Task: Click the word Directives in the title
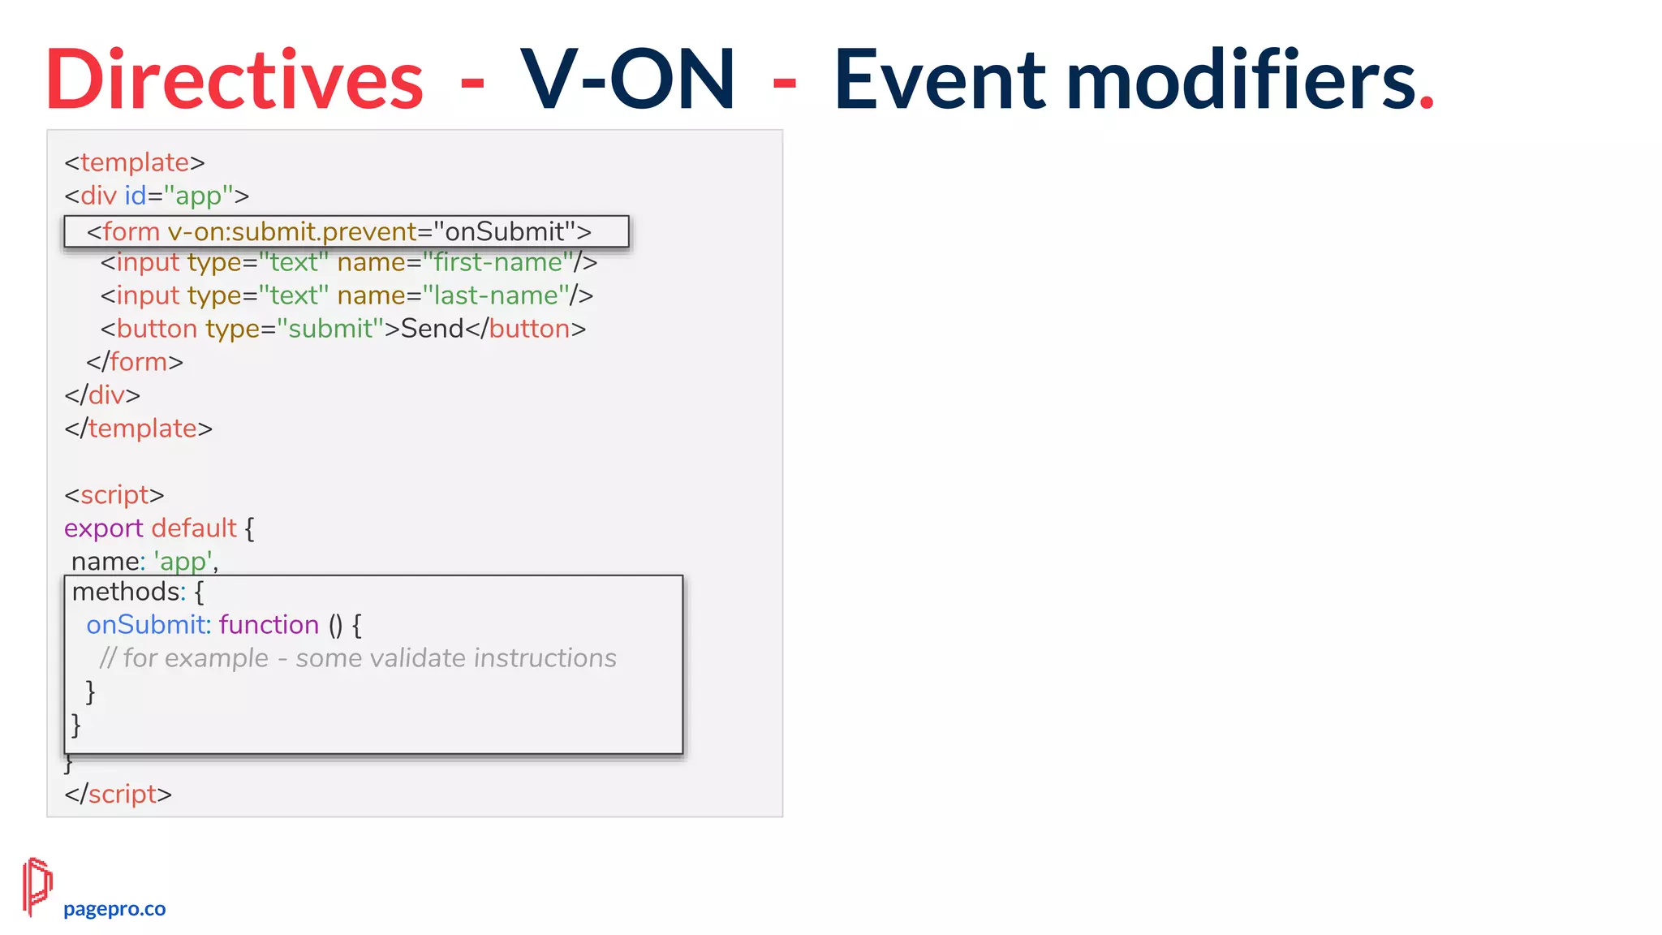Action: tap(235, 80)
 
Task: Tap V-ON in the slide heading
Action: tap(627, 80)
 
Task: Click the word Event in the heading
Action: tap(940, 80)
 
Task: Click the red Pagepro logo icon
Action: tap(37, 886)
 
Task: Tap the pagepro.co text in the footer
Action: tap(114, 909)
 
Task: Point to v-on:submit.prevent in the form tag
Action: tap(292, 232)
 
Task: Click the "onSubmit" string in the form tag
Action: tap(504, 232)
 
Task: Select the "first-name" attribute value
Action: tap(498, 263)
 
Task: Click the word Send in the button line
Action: tap(432, 330)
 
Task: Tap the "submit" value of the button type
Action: tap(330, 330)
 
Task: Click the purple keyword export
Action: tap(104, 529)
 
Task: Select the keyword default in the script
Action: tap(194, 528)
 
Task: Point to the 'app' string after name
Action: tap(183, 562)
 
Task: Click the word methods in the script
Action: tap(123, 592)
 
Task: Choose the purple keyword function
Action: tap(269, 625)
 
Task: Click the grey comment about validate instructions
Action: tap(358, 658)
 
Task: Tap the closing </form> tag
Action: tap(136, 362)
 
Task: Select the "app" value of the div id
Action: tap(198, 196)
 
